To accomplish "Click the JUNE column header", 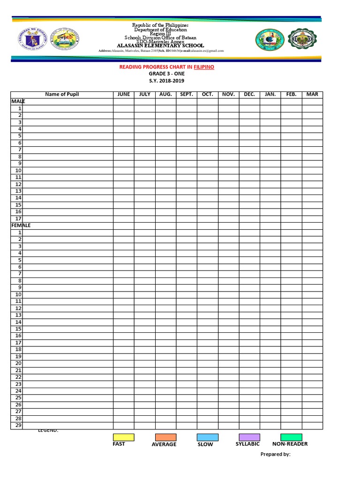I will (x=123, y=94).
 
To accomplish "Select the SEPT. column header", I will (x=187, y=94).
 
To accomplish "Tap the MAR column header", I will (x=312, y=94).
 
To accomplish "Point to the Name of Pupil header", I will (x=62, y=94).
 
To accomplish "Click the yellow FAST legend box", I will (x=123, y=437).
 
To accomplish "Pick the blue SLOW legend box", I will (x=207, y=437).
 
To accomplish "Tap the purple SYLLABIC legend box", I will (x=249, y=437).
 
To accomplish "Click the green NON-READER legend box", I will (x=291, y=437).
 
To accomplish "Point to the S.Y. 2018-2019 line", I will (x=166, y=81).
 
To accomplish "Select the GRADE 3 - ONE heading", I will (x=166, y=74).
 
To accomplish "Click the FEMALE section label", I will (x=21, y=225).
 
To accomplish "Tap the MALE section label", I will (x=18, y=101).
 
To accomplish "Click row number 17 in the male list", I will (x=18, y=218).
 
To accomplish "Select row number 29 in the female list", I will (x=18, y=425).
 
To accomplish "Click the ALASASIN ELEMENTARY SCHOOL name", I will (x=160, y=45).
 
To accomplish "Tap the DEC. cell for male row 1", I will (x=249, y=108).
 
